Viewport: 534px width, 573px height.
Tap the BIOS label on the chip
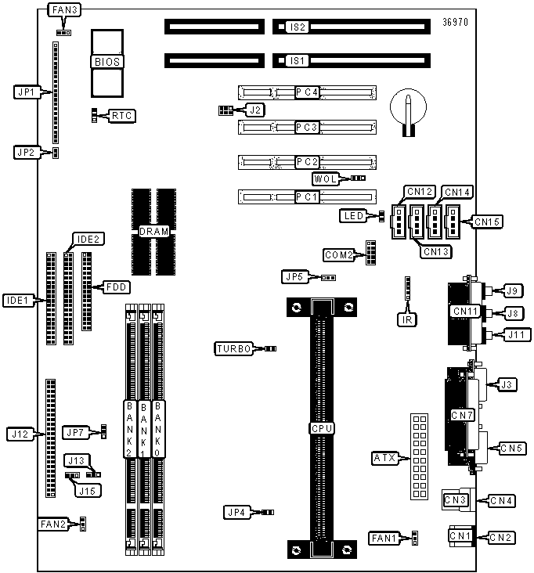[108, 61]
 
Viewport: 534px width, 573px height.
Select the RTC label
[121, 116]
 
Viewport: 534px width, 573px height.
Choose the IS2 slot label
[297, 27]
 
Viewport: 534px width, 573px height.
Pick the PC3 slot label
[306, 126]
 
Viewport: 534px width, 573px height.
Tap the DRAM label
[153, 231]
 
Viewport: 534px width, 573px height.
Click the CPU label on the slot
[322, 428]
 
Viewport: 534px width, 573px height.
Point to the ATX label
[385, 457]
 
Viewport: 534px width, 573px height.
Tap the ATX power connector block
[418, 456]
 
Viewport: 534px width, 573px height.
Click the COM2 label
[339, 254]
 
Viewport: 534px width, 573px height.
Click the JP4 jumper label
[235, 512]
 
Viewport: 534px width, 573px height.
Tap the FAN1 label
[385, 538]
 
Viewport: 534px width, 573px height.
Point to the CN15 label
[487, 222]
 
